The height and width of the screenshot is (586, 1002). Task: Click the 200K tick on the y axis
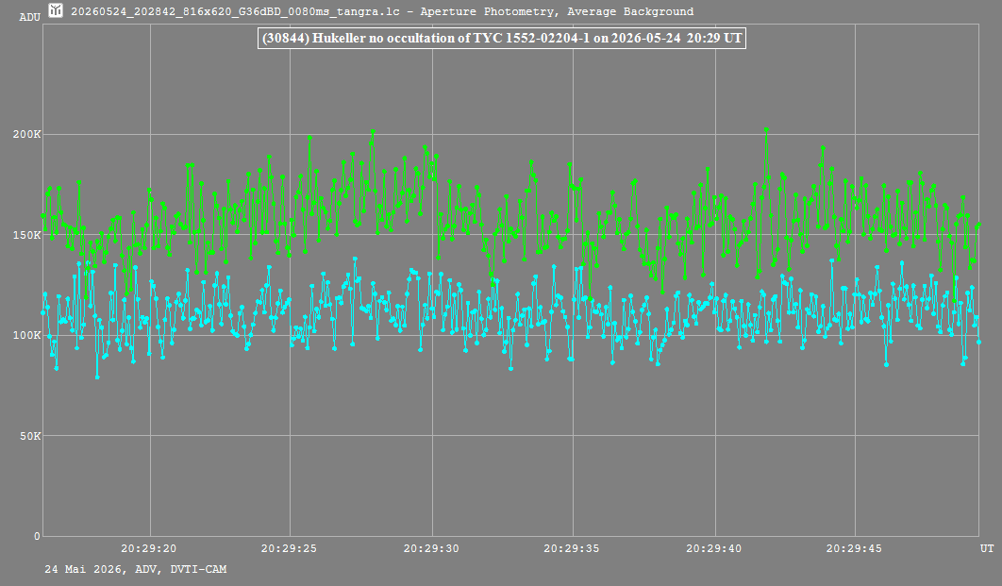(26, 134)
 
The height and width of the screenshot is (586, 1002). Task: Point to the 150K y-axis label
(26, 235)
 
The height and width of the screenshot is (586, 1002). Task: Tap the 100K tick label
(26, 336)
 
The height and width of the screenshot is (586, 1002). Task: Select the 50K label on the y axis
(30, 436)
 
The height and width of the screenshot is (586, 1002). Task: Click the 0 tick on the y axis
(37, 536)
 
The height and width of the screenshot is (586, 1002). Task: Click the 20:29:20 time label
(149, 548)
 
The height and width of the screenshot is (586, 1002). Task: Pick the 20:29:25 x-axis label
(289, 548)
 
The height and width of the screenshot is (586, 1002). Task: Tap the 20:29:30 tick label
(431, 548)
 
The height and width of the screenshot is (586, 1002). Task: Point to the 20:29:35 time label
(572, 548)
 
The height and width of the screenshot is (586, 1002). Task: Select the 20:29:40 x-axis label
(714, 548)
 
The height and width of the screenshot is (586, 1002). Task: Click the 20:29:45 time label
(855, 548)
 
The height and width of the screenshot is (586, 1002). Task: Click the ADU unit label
(30, 17)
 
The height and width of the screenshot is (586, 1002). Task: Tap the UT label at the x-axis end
(987, 548)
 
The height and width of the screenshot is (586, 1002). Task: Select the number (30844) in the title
(286, 39)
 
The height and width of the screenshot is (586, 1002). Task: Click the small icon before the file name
(57, 10)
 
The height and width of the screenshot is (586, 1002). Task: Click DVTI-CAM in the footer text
(198, 569)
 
